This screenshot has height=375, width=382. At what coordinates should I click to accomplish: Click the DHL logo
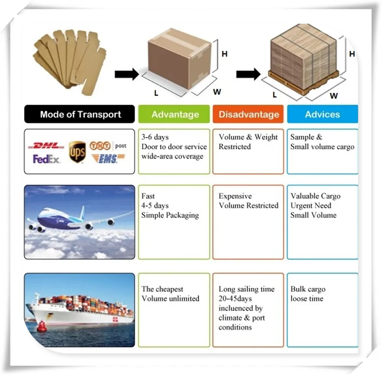[48, 146]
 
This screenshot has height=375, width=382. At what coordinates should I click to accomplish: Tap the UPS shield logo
[77, 152]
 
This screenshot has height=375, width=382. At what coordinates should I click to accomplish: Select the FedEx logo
[47, 159]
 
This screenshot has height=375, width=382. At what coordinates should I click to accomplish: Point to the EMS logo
[108, 158]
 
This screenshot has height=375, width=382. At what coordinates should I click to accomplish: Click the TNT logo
[100, 146]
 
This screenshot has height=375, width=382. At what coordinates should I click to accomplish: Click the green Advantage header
[175, 114]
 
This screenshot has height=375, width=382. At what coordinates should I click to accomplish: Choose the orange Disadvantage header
[248, 114]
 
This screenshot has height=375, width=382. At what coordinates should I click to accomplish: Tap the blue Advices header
[322, 114]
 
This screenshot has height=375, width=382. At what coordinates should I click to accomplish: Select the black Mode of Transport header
[80, 114]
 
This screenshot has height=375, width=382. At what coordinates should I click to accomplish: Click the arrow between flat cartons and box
[127, 74]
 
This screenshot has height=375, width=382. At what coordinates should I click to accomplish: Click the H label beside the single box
[225, 54]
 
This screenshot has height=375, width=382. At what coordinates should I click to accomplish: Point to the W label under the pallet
[334, 96]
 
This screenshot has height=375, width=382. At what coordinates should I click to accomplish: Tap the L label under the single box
[156, 92]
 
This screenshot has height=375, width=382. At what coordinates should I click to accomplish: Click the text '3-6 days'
[155, 137]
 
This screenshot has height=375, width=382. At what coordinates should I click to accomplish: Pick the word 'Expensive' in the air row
[235, 196]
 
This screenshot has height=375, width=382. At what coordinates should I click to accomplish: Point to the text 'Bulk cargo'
[308, 289]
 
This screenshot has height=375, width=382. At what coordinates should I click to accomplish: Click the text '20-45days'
[235, 298]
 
